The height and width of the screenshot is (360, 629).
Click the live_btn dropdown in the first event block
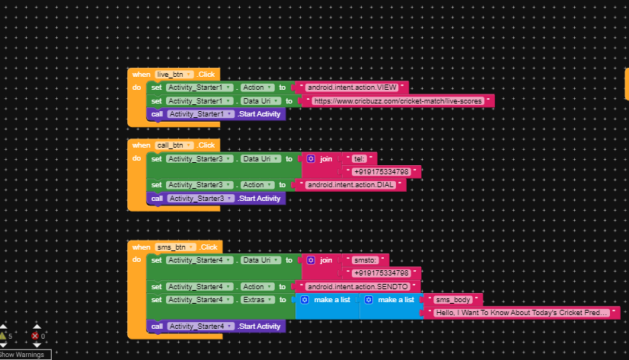(x=174, y=75)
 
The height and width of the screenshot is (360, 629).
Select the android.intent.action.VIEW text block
(x=354, y=88)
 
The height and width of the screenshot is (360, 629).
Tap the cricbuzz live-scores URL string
(x=397, y=100)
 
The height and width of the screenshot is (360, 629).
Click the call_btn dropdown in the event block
(x=174, y=145)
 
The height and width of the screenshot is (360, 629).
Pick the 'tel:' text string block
(x=359, y=159)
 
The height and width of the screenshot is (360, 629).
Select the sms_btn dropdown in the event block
(x=175, y=247)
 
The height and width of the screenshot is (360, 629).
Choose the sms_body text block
(x=453, y=300)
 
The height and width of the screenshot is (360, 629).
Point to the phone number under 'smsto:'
(x=382, y=273)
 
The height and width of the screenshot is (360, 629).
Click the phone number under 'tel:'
(x=382, y=172)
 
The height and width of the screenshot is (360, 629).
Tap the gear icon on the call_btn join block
(x=311, y=159)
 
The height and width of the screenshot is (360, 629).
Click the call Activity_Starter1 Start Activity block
(x=216, y=114)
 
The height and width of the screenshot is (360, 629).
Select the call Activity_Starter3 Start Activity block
(x=216, y=199)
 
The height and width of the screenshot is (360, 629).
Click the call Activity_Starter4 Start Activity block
(x=216, y=327)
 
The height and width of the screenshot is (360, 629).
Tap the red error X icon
(x=35, y=336)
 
